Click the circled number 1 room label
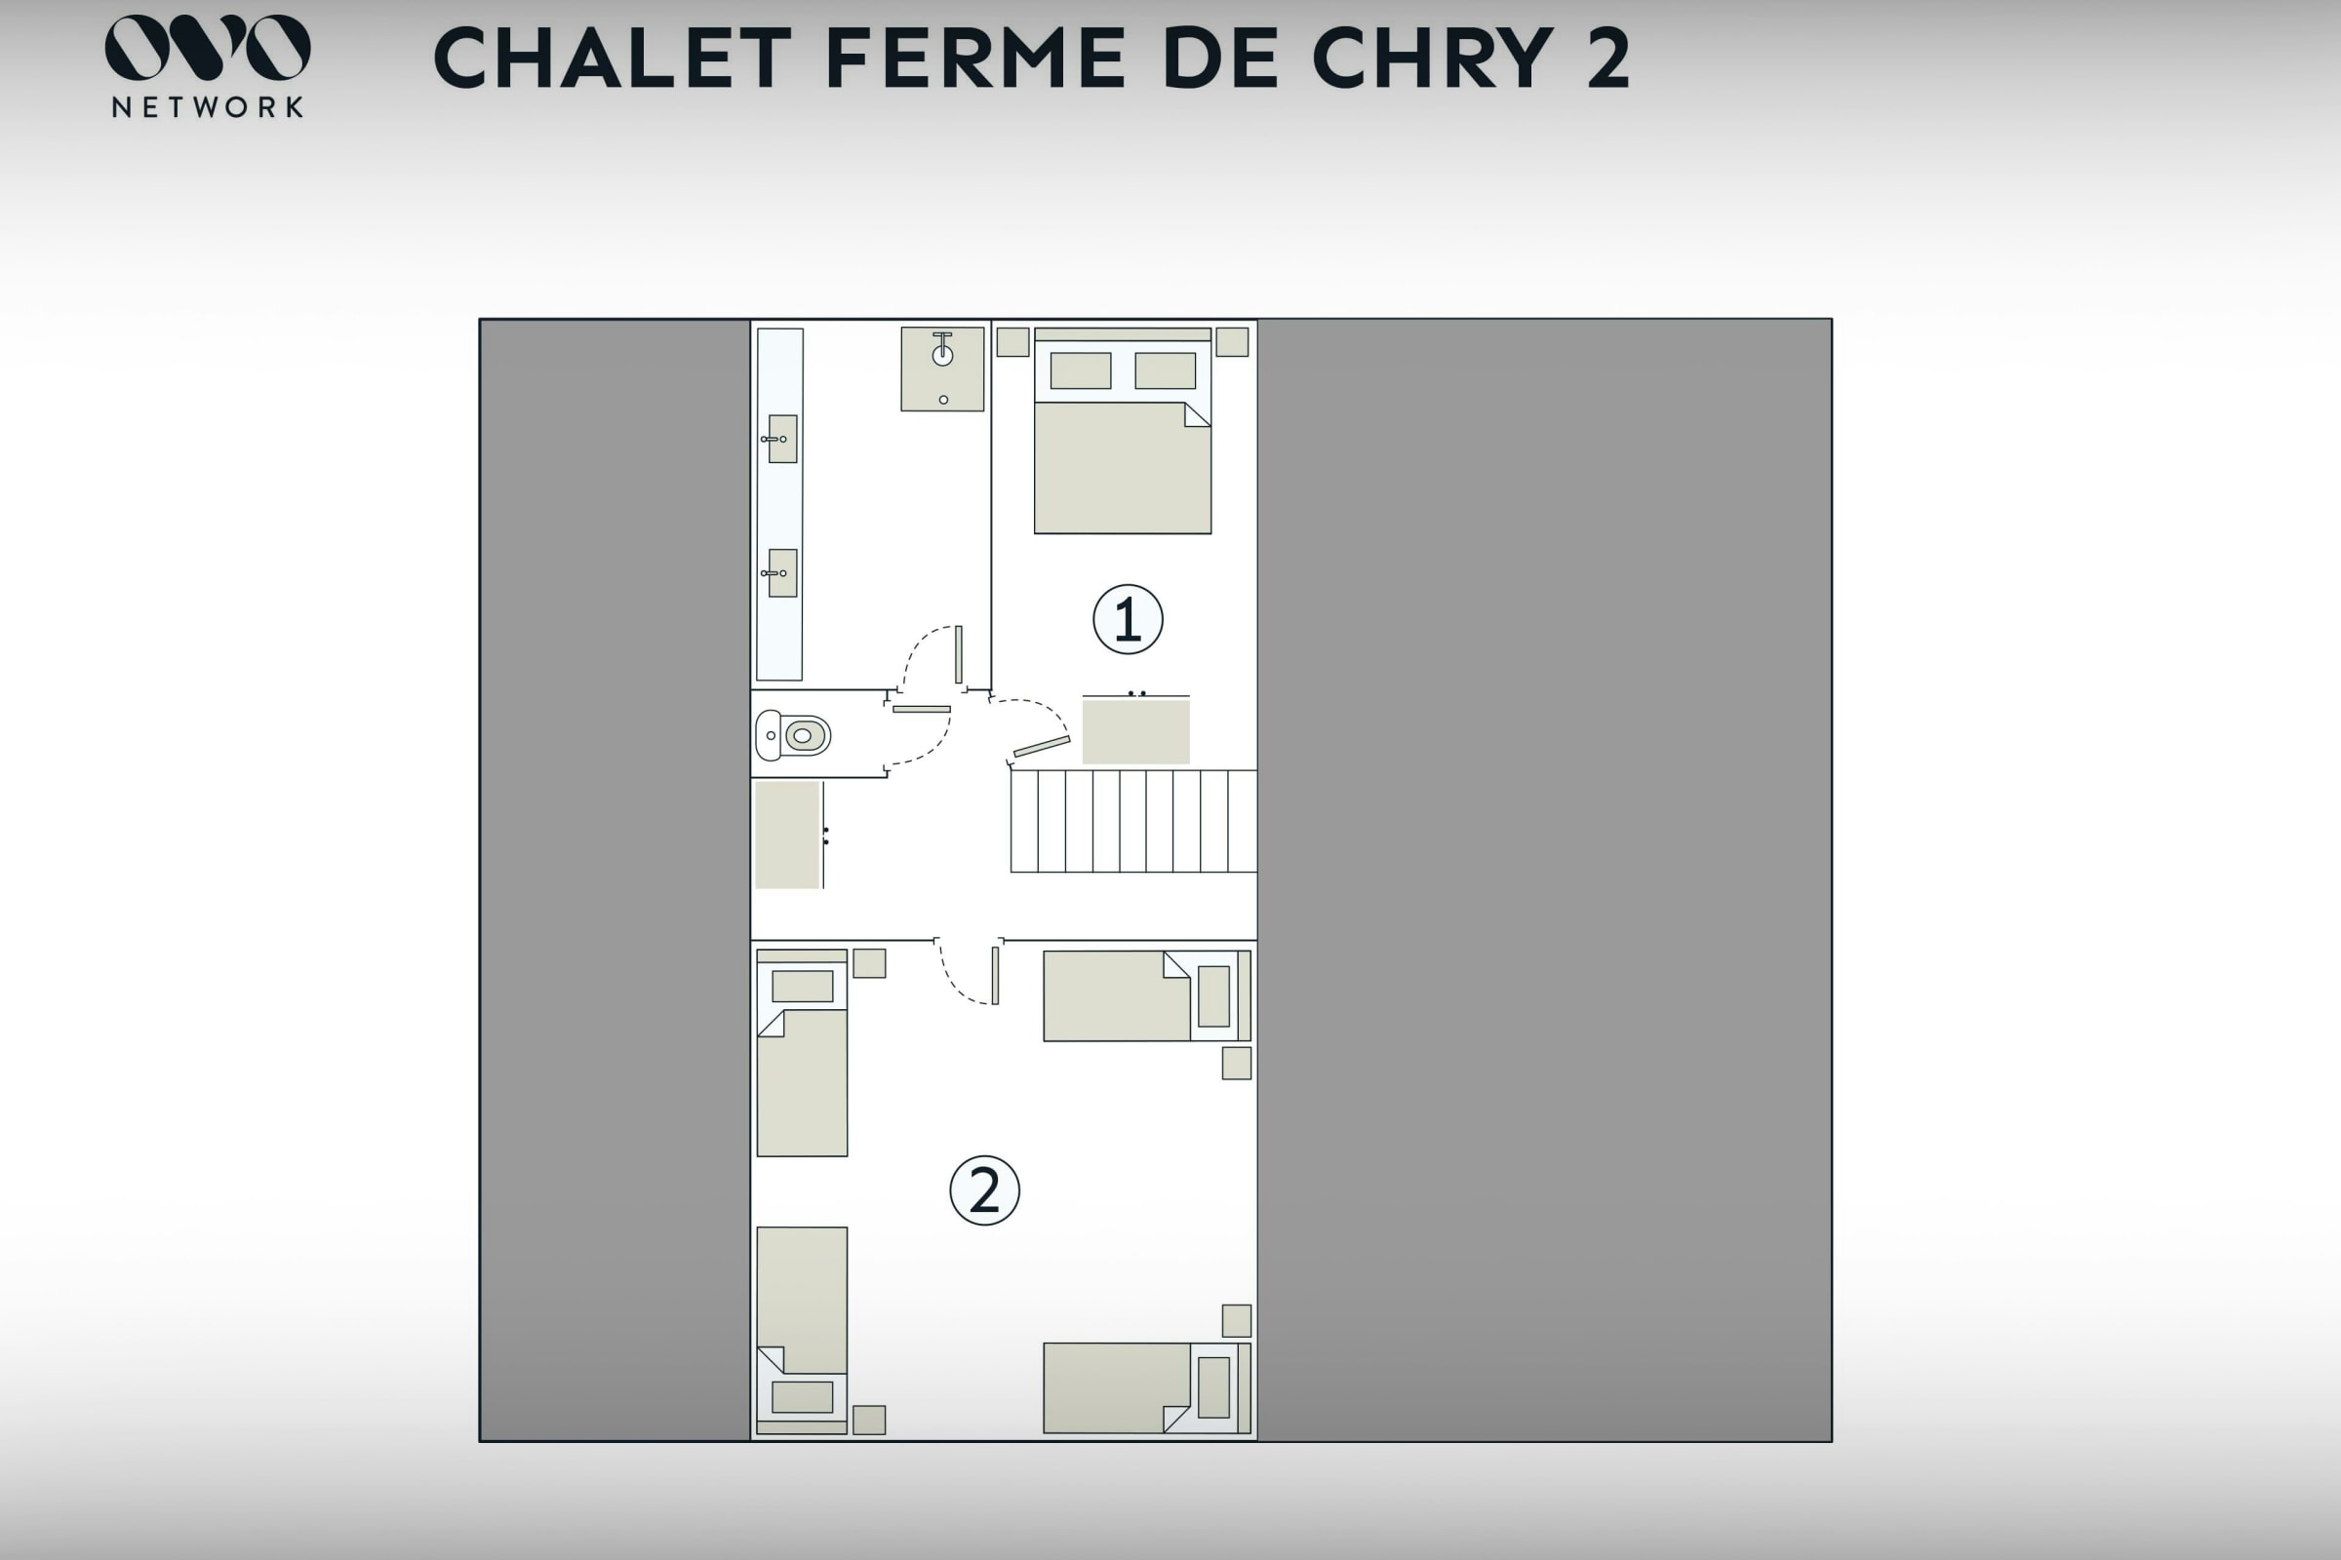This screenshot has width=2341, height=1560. (x=1128, y=619)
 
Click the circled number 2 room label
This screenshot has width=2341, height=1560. (x=984, y=1189)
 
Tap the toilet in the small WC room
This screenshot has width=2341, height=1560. (x=793, y=735)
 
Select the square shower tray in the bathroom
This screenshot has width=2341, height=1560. (x=942, y=370)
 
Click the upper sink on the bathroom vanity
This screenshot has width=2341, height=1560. (x=782, y=439)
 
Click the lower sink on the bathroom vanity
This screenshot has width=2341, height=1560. (x=782, y=573)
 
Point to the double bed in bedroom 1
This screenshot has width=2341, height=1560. (x=1123, y=431)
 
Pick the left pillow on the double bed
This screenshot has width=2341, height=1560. (x=1081, y=371)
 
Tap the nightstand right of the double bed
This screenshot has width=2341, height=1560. (x=1232, y=342)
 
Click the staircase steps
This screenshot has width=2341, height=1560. (x=1133, y=821)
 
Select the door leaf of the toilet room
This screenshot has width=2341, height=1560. (x=922, y=710)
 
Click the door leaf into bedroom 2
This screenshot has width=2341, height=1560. (x=995, y=976)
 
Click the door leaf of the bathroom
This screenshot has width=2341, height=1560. (x=959, y=654)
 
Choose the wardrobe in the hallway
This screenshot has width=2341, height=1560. (x=787, y=835)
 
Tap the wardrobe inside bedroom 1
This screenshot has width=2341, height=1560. (x=1135, y=731)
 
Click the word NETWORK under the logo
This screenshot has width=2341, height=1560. (x=208, y=107)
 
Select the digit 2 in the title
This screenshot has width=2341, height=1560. (x=1608, y=58)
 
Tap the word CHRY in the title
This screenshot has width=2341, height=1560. (x=1433, y=58)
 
